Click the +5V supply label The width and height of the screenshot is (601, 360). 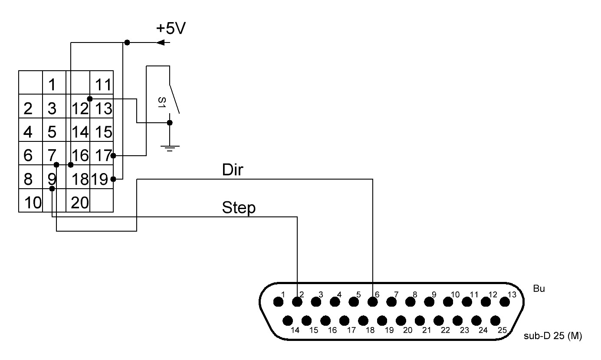(171, 29)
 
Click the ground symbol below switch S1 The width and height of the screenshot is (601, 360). (170, 148)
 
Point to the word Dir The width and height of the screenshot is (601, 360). (233, 170)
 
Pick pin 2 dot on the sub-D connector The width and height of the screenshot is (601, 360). (297, 301)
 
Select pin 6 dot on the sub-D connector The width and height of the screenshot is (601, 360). (372, 301)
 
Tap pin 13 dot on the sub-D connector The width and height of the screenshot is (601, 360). (504, 301)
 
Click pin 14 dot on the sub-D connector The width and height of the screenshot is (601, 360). (287, 321)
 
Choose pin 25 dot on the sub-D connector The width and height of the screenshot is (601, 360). (495, 321)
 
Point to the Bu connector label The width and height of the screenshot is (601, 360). (539, 289)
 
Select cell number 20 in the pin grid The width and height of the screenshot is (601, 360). (80, 202)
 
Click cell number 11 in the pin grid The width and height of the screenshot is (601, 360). (103, 84)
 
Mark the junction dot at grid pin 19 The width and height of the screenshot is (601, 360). (113, 179)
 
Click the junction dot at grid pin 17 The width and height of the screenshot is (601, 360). (113, 155)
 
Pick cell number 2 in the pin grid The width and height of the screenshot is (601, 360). (28, 108)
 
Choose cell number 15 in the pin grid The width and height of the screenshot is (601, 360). (103, 131)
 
